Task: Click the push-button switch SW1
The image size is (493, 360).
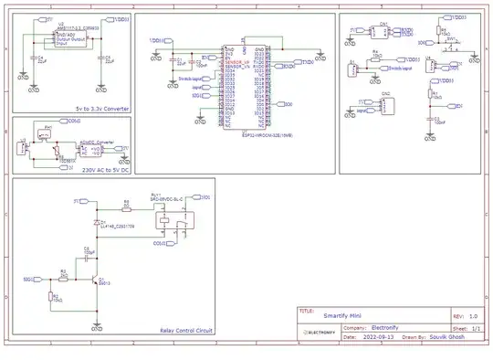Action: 450,42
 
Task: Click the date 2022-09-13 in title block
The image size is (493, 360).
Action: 374,336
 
